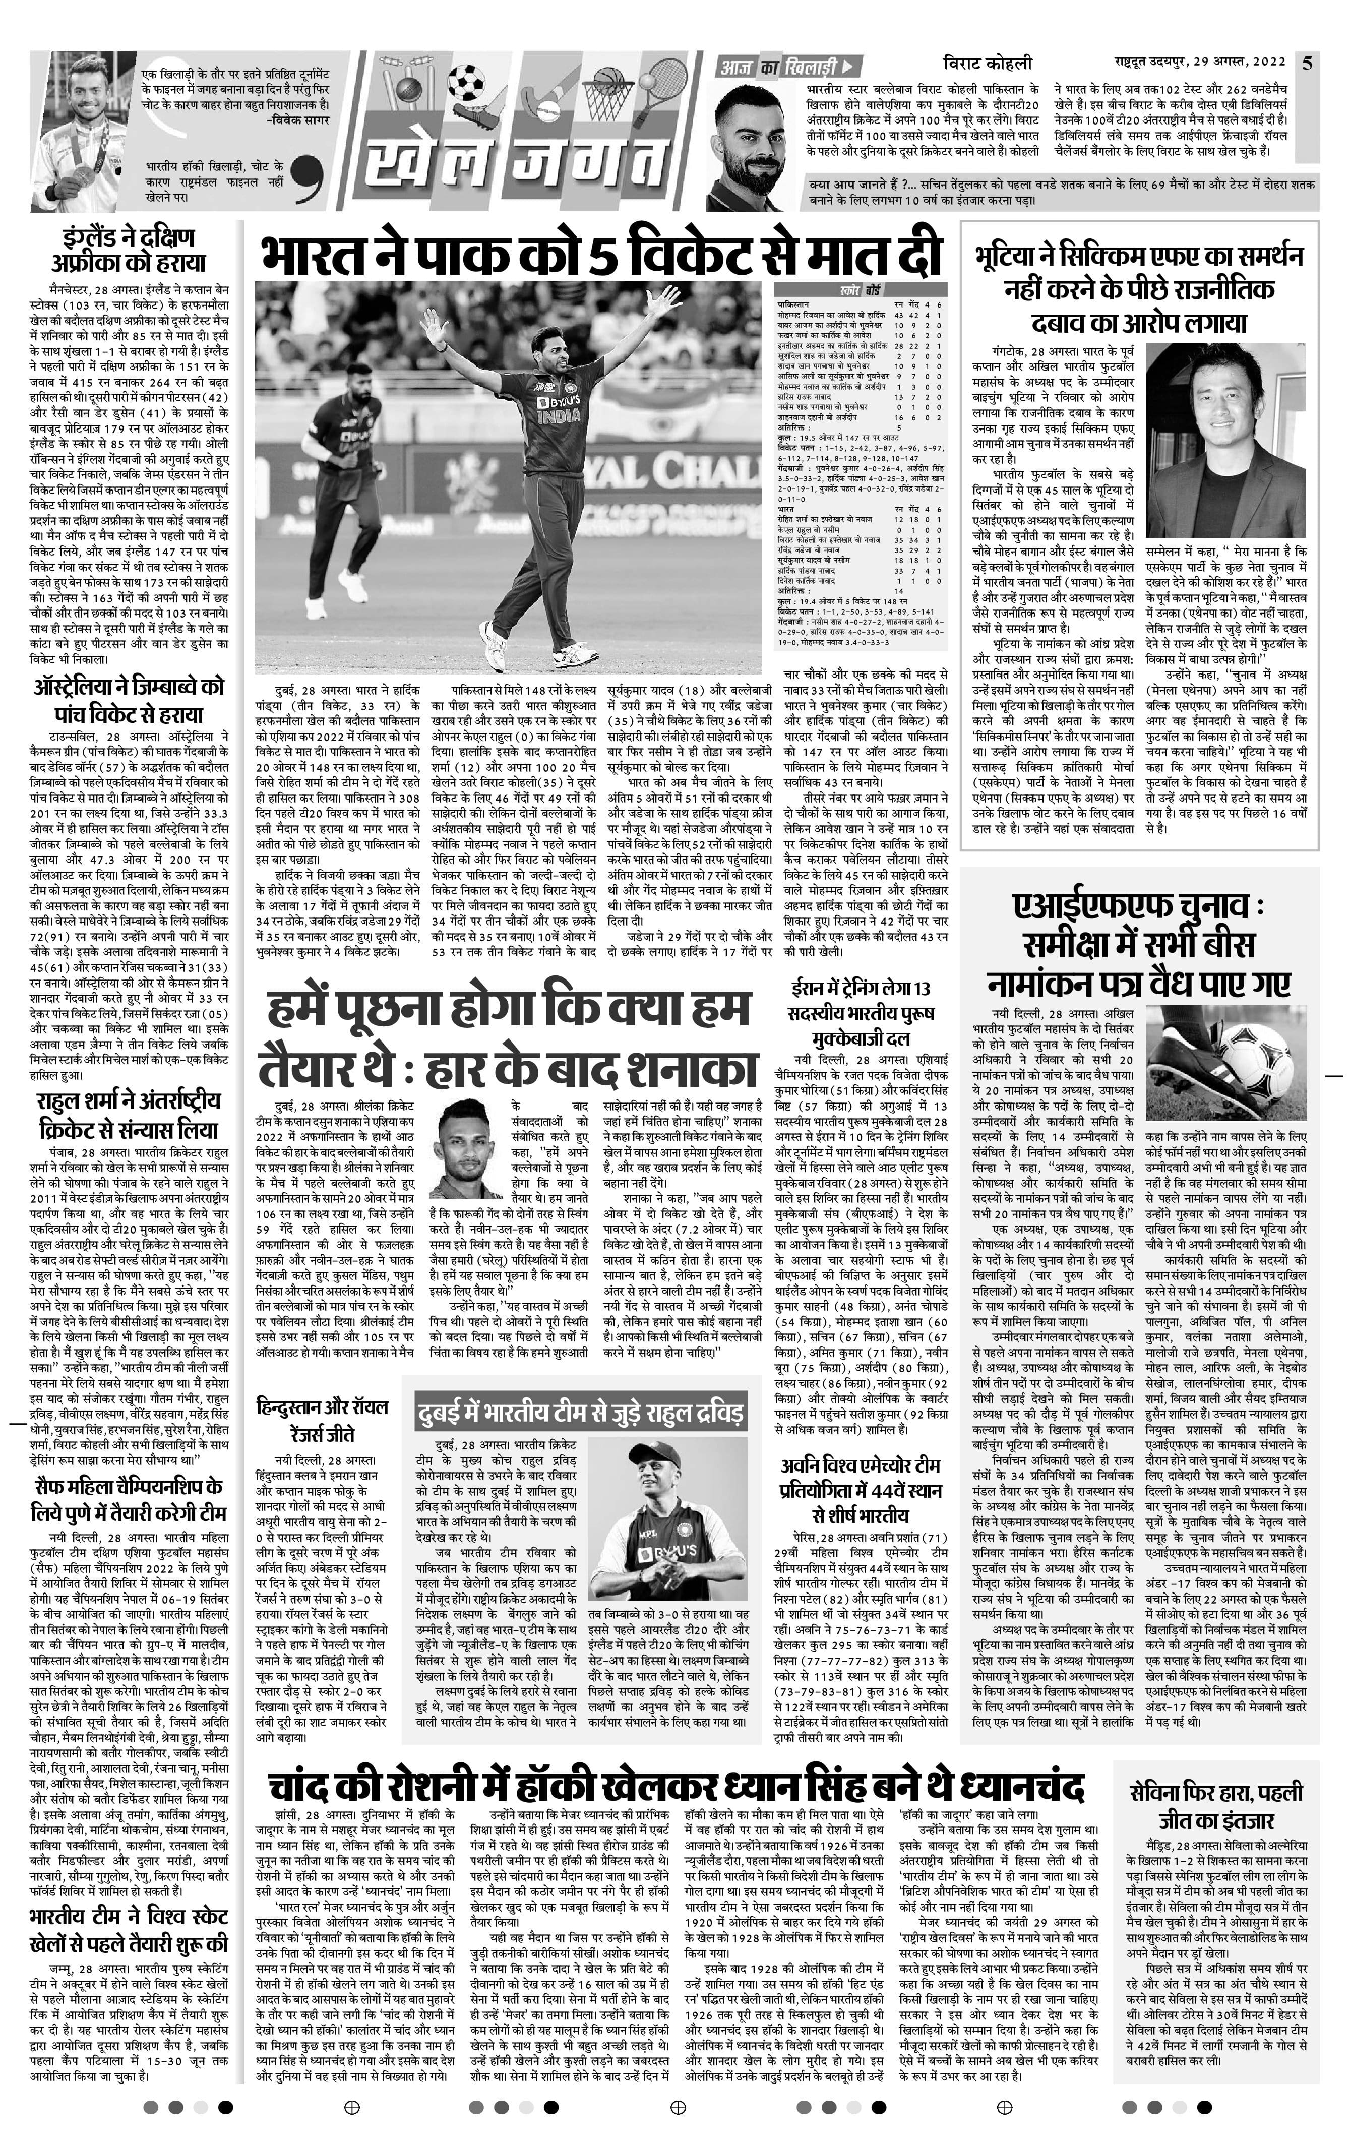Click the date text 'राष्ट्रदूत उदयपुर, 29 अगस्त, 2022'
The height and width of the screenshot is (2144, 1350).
point(1200,63)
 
